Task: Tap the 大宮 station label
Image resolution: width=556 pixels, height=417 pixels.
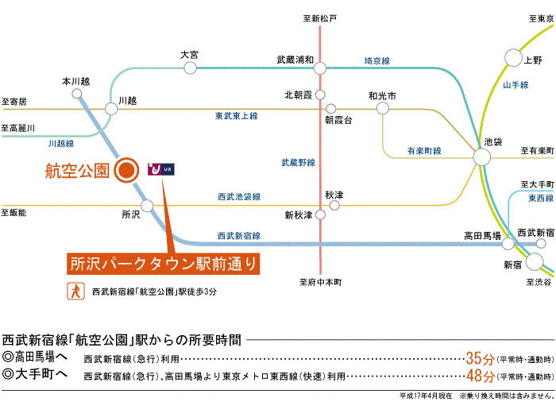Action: tap(189, 55)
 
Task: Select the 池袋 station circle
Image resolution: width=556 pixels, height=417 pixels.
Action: tap(482, 156)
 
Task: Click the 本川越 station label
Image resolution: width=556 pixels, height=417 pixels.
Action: tap(76, 81)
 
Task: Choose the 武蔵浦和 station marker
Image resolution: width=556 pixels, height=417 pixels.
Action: tap(320, 68)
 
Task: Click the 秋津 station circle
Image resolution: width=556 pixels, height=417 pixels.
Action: tap(334, 205)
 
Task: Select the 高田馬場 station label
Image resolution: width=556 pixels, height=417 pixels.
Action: tap(483, 235)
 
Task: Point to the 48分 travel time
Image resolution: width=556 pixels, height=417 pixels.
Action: tap(480, 376)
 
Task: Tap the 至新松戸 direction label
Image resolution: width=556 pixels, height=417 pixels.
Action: tap(320, 17)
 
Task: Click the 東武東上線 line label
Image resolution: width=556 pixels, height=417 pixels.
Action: tap(236, 116)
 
